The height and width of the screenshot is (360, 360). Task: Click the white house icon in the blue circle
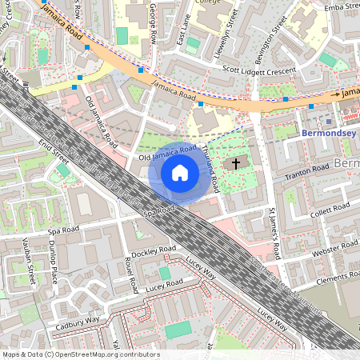pos(180,172)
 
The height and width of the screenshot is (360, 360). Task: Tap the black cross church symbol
pos(235,163)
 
